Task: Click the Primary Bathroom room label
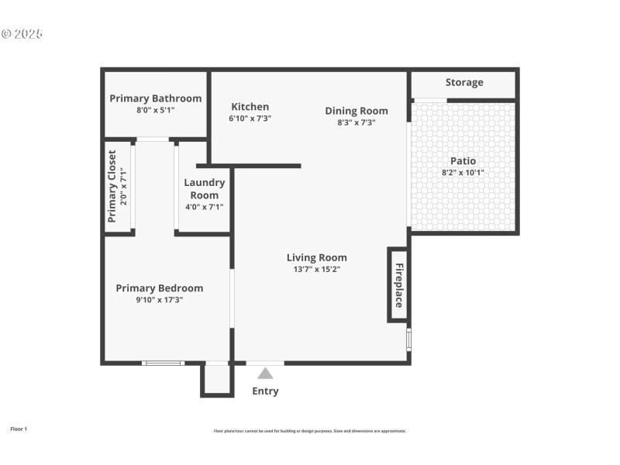[155, 98]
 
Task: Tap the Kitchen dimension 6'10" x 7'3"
[250, 119]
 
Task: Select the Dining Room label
[356, 111]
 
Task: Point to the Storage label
[464, 82]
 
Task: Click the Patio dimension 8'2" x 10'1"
[463, 173]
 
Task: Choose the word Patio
[463, 161]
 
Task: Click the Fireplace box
[398, 285]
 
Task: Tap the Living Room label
[316, 257]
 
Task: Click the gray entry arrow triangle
[265, 374]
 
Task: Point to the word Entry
[265, 391]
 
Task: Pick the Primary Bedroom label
[160, 288]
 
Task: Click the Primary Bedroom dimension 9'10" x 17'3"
[160, 300]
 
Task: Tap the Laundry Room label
[205, 189]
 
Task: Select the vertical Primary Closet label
[112, 186]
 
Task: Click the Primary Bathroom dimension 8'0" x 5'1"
[155, 110]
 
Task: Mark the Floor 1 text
[19, 429]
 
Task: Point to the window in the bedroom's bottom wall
[163, 363]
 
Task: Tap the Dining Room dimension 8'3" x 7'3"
[356, 122]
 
